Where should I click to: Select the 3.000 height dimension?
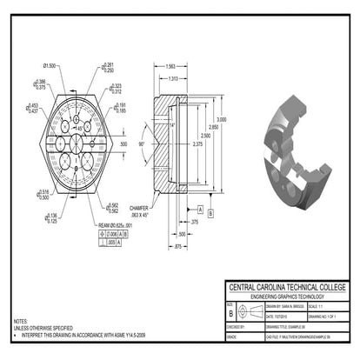click(223, 119)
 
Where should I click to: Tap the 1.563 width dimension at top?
click(170, 66)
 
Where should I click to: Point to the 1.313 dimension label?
click(174, 78)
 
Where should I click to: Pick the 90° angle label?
click(141, 143)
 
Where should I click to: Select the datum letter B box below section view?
click(211, 211)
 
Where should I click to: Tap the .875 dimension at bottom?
click(177, 248)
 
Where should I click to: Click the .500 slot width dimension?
click(123, 143)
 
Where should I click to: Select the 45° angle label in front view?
click(79, 128)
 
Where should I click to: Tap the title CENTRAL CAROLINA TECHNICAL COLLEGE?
click(286, 287)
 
